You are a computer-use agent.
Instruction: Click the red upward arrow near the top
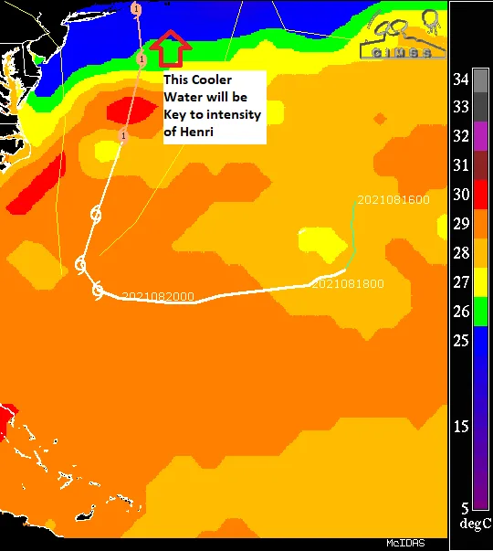[171, 49]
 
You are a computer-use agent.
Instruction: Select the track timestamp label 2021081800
[347, 284]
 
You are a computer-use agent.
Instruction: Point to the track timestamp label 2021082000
[157, 296]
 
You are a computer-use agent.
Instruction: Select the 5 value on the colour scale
[464, 507]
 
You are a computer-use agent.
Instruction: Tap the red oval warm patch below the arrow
[131, 111]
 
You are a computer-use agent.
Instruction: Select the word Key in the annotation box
[175, 114]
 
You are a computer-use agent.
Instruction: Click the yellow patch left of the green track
[319, 242]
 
